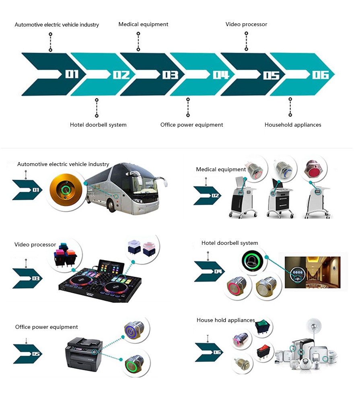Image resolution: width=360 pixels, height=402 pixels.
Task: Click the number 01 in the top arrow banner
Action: click(72, 74)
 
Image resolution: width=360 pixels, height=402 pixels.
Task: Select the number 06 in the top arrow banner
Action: click(320, 75)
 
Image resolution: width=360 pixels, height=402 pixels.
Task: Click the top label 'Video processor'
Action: click(246, 25)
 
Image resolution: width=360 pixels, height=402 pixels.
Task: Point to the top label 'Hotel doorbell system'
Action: click(98, 125)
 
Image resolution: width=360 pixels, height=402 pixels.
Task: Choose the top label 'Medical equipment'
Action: click(143, 25)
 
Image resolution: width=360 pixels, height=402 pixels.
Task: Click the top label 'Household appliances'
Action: click(293, 125)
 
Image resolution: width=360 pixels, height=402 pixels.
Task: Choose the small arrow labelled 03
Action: click(27, 278)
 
